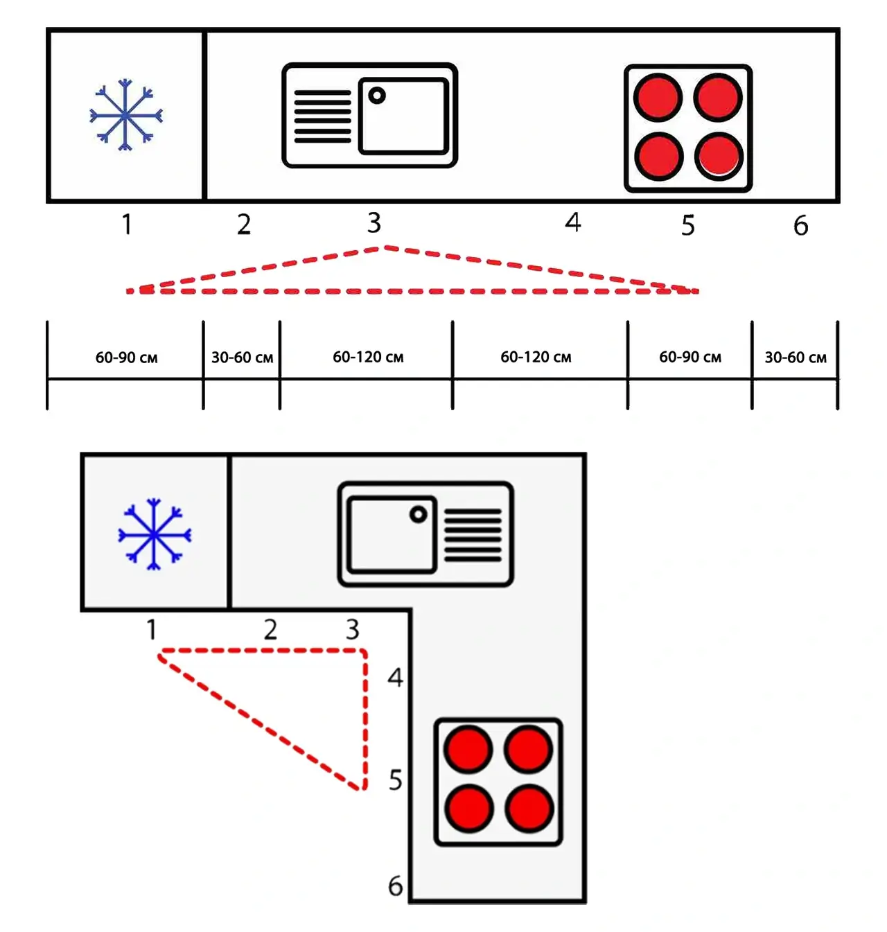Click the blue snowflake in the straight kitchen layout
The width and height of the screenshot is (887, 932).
(125, 115)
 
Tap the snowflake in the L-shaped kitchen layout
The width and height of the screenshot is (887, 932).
(154, 534)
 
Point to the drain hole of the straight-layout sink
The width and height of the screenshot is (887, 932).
(377, 95)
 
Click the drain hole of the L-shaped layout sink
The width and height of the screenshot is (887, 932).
(418, 514)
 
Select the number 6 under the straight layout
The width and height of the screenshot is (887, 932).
(800, 225)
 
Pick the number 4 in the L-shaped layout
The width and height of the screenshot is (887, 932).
(395, 677)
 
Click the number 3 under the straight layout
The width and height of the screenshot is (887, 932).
(374, 223)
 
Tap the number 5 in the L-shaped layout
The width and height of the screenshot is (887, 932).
(395, 780)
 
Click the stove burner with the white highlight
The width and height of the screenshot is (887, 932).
(719, 157)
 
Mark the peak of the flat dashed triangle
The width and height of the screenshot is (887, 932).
(385, 247)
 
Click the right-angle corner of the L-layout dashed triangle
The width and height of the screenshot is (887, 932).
(364, 651)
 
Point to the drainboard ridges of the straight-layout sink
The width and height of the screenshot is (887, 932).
(322, 116)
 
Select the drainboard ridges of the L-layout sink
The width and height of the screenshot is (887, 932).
(473, 535)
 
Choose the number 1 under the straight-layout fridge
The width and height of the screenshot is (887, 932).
(127, 225)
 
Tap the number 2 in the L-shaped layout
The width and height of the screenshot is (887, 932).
(270, 629)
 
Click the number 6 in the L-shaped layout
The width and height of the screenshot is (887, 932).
(395, 886)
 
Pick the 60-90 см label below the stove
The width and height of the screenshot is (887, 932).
(690, 358)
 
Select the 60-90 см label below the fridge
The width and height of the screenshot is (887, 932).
(126, 358)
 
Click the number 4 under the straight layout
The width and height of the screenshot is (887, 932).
(572, 222)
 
